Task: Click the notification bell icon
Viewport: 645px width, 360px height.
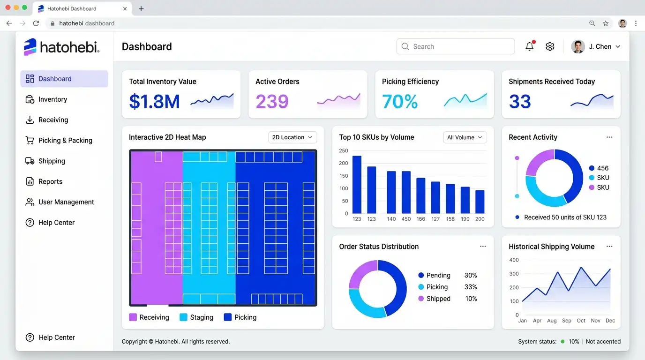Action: pos(530,46)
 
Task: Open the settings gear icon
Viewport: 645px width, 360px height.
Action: pos(550,46)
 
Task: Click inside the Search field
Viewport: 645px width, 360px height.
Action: pos(456,46)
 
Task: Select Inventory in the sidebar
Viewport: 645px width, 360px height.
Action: pos(52,99)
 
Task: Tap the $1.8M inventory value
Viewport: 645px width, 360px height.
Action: pos(154,101)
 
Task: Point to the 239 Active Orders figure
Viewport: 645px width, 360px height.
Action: pos(272,101)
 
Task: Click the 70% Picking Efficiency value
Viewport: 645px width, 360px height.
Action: pos(400,101)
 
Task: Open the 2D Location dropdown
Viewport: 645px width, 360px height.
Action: pos(292,137)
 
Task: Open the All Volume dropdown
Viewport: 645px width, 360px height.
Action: pos(465,137)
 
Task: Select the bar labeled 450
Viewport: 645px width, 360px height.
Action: pos(406,192)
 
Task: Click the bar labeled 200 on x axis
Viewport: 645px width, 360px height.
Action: pos(480,202)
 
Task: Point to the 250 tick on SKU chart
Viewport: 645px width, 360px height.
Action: pos(343,150)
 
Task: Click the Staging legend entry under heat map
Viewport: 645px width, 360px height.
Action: pos(196,317)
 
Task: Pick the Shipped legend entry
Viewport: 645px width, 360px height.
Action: pos(434,299)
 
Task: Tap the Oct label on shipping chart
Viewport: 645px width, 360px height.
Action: pos(581,321)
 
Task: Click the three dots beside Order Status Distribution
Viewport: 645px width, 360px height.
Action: pos(483,247)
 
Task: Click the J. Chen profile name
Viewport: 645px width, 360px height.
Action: pos(600,47)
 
